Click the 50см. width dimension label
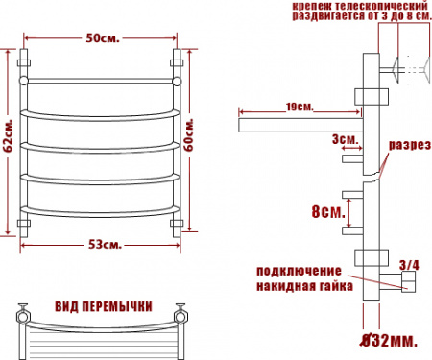[103, 38]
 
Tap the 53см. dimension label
[105, 245]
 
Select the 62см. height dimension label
[9, 136]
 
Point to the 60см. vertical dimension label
[189, 134]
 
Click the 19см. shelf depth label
[300, 107]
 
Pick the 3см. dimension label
[345, 139]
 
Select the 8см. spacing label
[328, 211]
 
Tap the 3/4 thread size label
[409, 265]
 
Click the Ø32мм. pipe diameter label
[389, 341]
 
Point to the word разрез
[410, 145]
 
